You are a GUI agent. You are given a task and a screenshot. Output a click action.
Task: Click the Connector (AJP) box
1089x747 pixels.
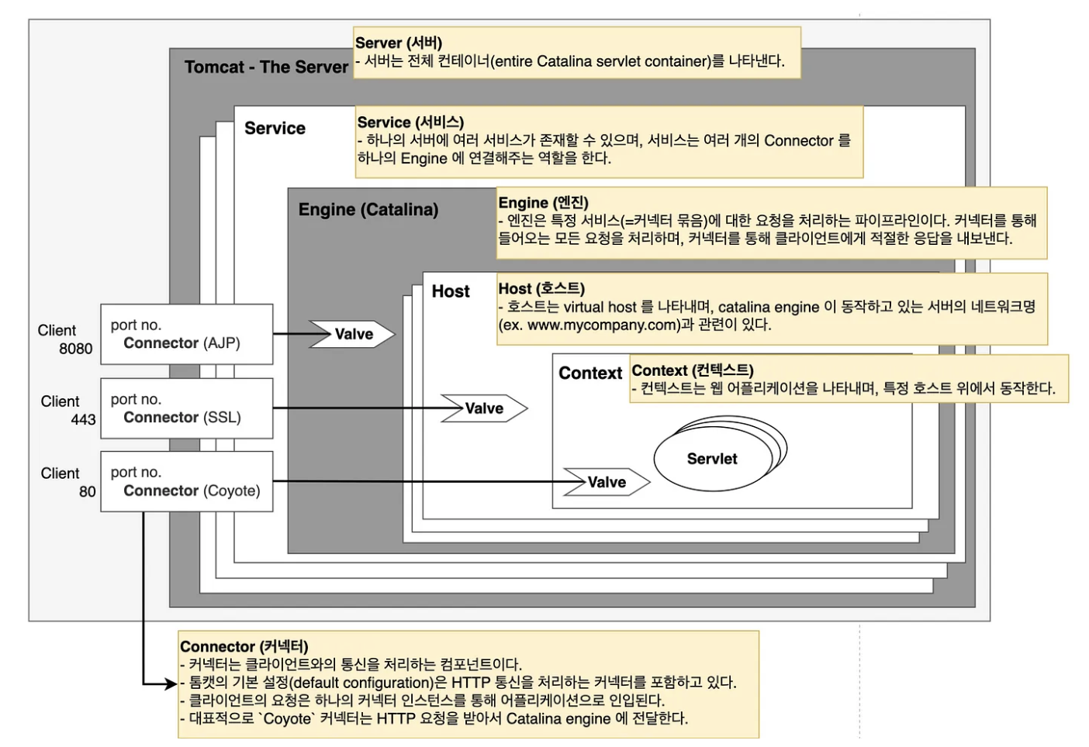click(x=186, y=334)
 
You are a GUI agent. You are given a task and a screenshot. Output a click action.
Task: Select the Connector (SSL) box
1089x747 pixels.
click(x=186, y=408)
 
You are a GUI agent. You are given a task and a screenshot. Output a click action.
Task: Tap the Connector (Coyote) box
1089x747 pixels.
click(x=186, y=481)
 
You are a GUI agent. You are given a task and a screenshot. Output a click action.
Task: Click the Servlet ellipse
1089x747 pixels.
click(x=712, y=459)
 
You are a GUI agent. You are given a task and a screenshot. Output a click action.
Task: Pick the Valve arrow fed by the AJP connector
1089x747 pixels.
click(x=353, y=334)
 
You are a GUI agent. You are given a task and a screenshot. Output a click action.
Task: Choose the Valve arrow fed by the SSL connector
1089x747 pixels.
click(x=484, y=408)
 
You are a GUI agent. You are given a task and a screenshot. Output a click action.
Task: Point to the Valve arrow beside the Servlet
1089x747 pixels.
click(x=607, y=482)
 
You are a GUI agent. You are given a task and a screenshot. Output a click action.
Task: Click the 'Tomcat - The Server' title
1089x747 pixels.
click(x=266, y=67)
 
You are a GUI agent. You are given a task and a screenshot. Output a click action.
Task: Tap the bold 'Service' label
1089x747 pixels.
click(x=275, y=129)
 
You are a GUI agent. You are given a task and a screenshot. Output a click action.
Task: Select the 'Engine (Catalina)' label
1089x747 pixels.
click(x=368, y=210)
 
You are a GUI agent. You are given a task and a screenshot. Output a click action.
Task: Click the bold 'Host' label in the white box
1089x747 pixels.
click(x=451, y=291)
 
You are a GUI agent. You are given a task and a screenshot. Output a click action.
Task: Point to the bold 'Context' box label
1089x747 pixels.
click(x=590, y=373)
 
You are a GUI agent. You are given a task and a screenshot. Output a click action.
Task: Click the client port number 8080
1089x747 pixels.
click(x=75, y=349)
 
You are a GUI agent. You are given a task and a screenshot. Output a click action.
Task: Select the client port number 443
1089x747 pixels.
click(x=83, y=420)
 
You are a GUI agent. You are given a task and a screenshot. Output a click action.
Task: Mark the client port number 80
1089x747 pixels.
click(x=87, y=492)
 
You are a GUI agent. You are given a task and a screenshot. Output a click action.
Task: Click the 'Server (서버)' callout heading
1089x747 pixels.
click(x=398, y=43)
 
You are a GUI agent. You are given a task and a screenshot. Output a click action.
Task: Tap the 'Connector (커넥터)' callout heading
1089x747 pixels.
click(x=244, y=646)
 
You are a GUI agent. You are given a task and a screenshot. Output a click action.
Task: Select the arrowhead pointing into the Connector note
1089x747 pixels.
click(x=171, y=683)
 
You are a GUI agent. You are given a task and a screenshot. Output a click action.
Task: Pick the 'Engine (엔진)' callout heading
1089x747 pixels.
click(x=543, y=202)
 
